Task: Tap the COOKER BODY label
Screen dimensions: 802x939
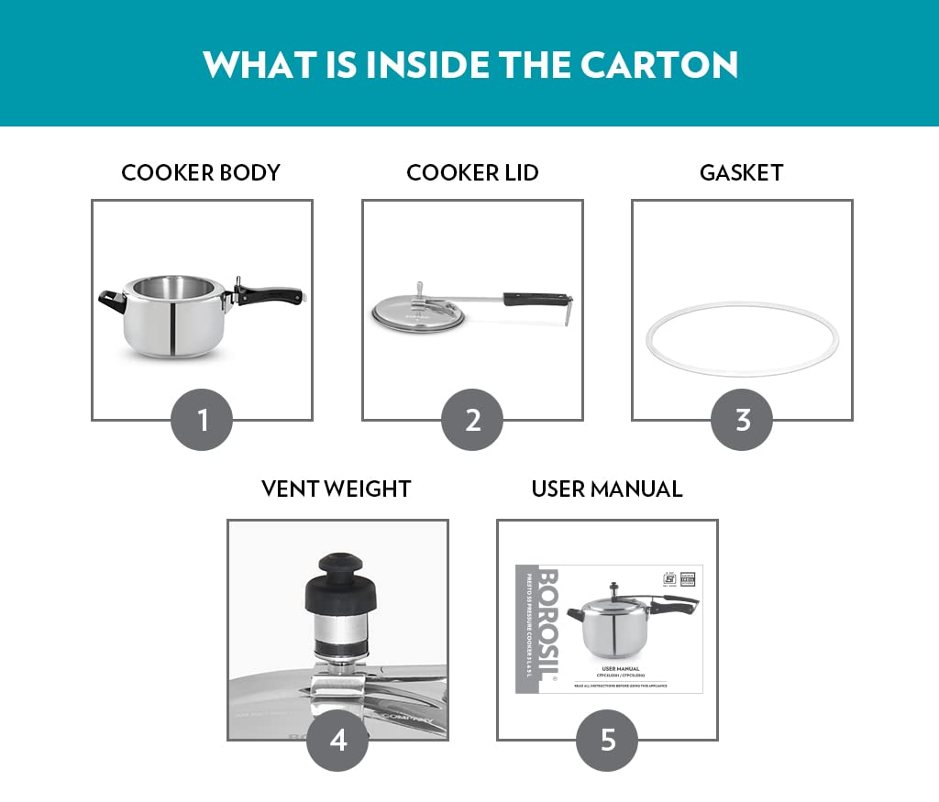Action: coord(201,172)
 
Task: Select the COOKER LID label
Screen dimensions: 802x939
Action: coord(472,172)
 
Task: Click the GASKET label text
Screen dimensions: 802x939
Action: coord(741,172)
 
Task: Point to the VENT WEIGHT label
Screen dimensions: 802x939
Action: coord(336,489)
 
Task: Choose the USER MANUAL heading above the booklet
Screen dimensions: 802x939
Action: coord(607,489)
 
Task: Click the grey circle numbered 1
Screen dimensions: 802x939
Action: coord(203,420)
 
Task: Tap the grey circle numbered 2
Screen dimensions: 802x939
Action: coord(472,420)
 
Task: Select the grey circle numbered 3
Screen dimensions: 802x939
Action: coord(742,420)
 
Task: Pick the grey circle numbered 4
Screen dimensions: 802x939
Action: coord(337,740)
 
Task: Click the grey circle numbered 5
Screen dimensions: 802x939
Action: coord(607,740)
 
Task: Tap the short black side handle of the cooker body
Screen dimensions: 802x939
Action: coord(112,300)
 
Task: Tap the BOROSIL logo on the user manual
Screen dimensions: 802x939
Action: coord(547,610)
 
